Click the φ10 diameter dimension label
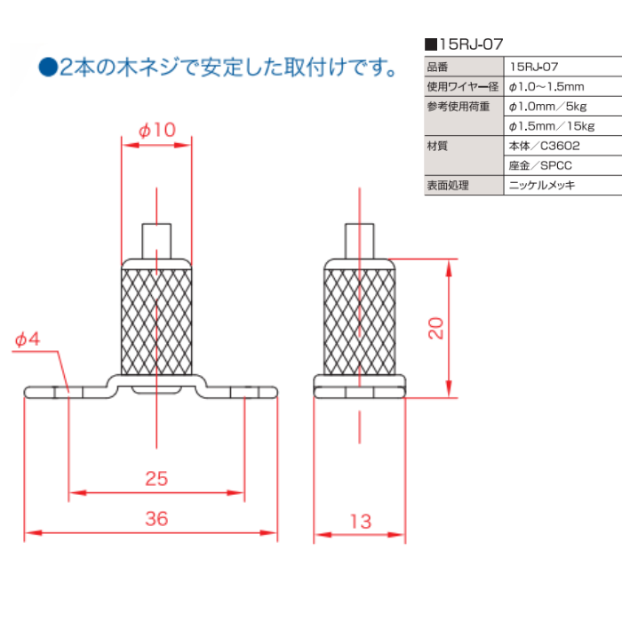(156, 130)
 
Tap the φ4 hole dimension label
(28, 339)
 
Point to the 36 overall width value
(155, 519)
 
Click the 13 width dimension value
(360, 522)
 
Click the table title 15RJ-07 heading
(479, 43)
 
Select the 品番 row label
(439, 67)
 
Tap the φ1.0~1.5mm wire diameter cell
(545, 87)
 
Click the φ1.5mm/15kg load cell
(550, 126)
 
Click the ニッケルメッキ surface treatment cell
(542, 186)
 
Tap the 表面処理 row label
(447, 186)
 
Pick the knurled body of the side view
(359, 320)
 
